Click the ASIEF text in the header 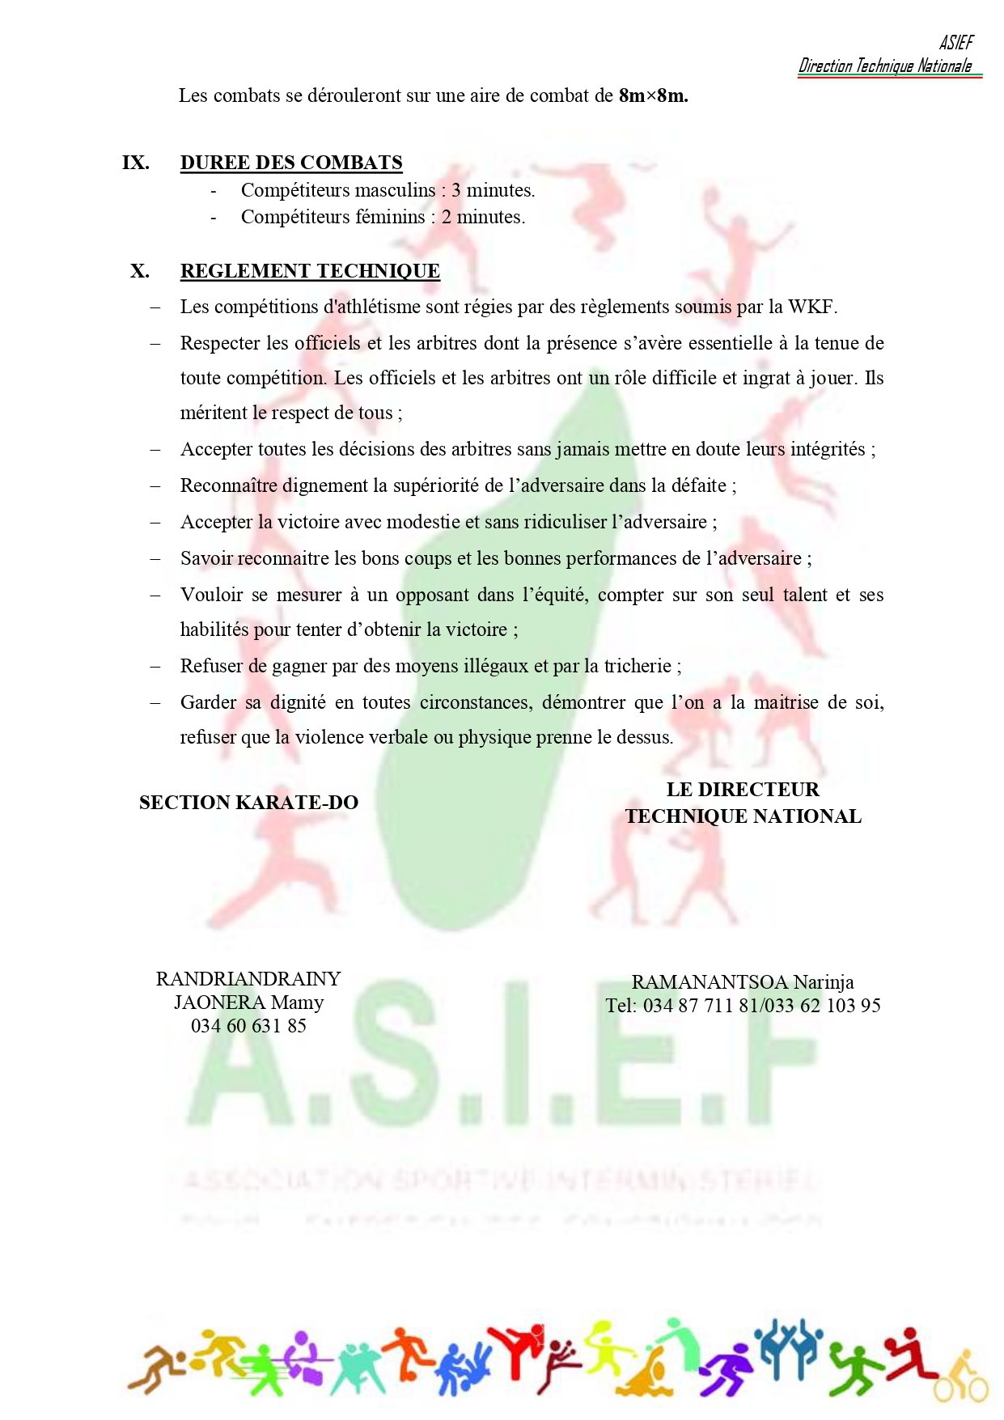(x=956, y=42)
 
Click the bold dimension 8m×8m (x=653, y=95)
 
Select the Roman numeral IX (x=135, y=163)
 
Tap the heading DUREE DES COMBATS (x=291, y=163)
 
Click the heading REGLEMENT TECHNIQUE (x=310, y=271)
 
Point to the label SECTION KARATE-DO (x=248, y=803)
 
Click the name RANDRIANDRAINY (x=248, y=979)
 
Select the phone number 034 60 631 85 (x=248, y=1026)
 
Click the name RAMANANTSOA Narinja (x=742, y=982)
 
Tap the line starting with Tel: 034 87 (x=742, y=1006)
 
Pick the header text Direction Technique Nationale (x=885, y=66)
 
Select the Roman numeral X (x=140, y=271)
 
